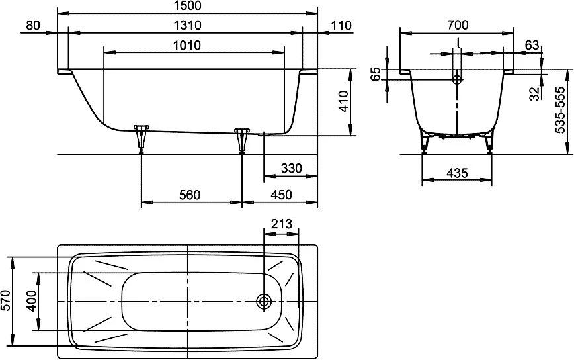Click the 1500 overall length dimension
(x=187, y=5)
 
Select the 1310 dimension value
(x=187, y=25)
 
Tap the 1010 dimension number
(x=187, y=45)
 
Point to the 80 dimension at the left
(x=33, y=25)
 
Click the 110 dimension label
(x=341, y=26)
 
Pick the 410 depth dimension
(x=343, y=102)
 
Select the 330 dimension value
(x=292, y=169)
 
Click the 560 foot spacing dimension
(x=190, y=195)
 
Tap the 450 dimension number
(x=281, y=195)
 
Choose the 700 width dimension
(x=458, y=25)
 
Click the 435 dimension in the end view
(x=457, y=173)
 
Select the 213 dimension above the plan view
(x=282, y=224)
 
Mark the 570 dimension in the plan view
(x=6, y=300)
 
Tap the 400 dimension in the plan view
(x=32, y=301)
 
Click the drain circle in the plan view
(x=264, y=301)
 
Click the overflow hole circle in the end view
(x=457, y=79)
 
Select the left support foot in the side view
(x=141, y=138)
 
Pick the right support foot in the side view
(x=241, y=140)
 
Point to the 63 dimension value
(x=532, y=45)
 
